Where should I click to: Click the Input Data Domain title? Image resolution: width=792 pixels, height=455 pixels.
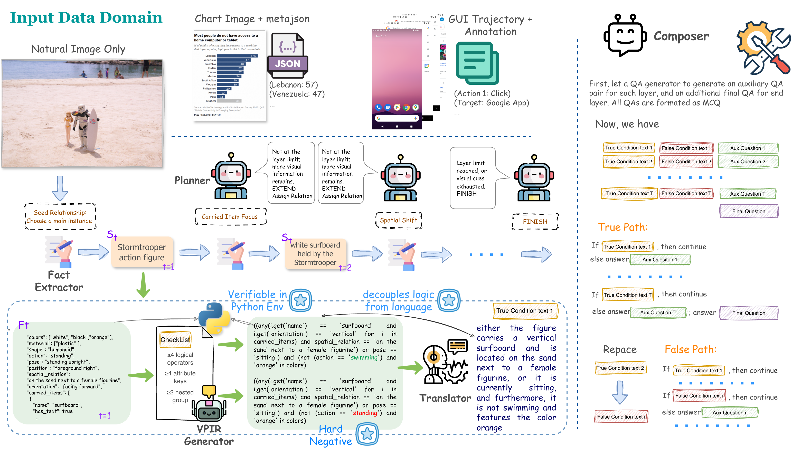[86, 17]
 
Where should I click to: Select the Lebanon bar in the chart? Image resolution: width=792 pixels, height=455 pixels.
[237, 56]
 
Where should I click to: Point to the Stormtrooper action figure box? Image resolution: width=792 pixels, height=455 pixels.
[142, 252]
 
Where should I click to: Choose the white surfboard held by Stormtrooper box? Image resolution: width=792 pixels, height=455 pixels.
[315, 254]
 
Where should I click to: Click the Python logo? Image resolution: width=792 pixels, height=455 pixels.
[214, 318]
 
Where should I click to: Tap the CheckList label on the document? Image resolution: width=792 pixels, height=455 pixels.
[175, 340]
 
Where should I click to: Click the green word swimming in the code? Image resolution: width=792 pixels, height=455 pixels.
[364, 357]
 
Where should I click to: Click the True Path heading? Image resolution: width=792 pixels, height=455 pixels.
[623, 227]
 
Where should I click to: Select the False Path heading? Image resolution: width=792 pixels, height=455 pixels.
[690, 349]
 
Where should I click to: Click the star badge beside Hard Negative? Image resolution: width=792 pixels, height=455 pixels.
[367, 434]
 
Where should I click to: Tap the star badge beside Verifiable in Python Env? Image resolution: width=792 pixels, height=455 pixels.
[300, 300]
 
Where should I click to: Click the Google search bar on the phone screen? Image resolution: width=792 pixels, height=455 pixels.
[397, 118]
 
